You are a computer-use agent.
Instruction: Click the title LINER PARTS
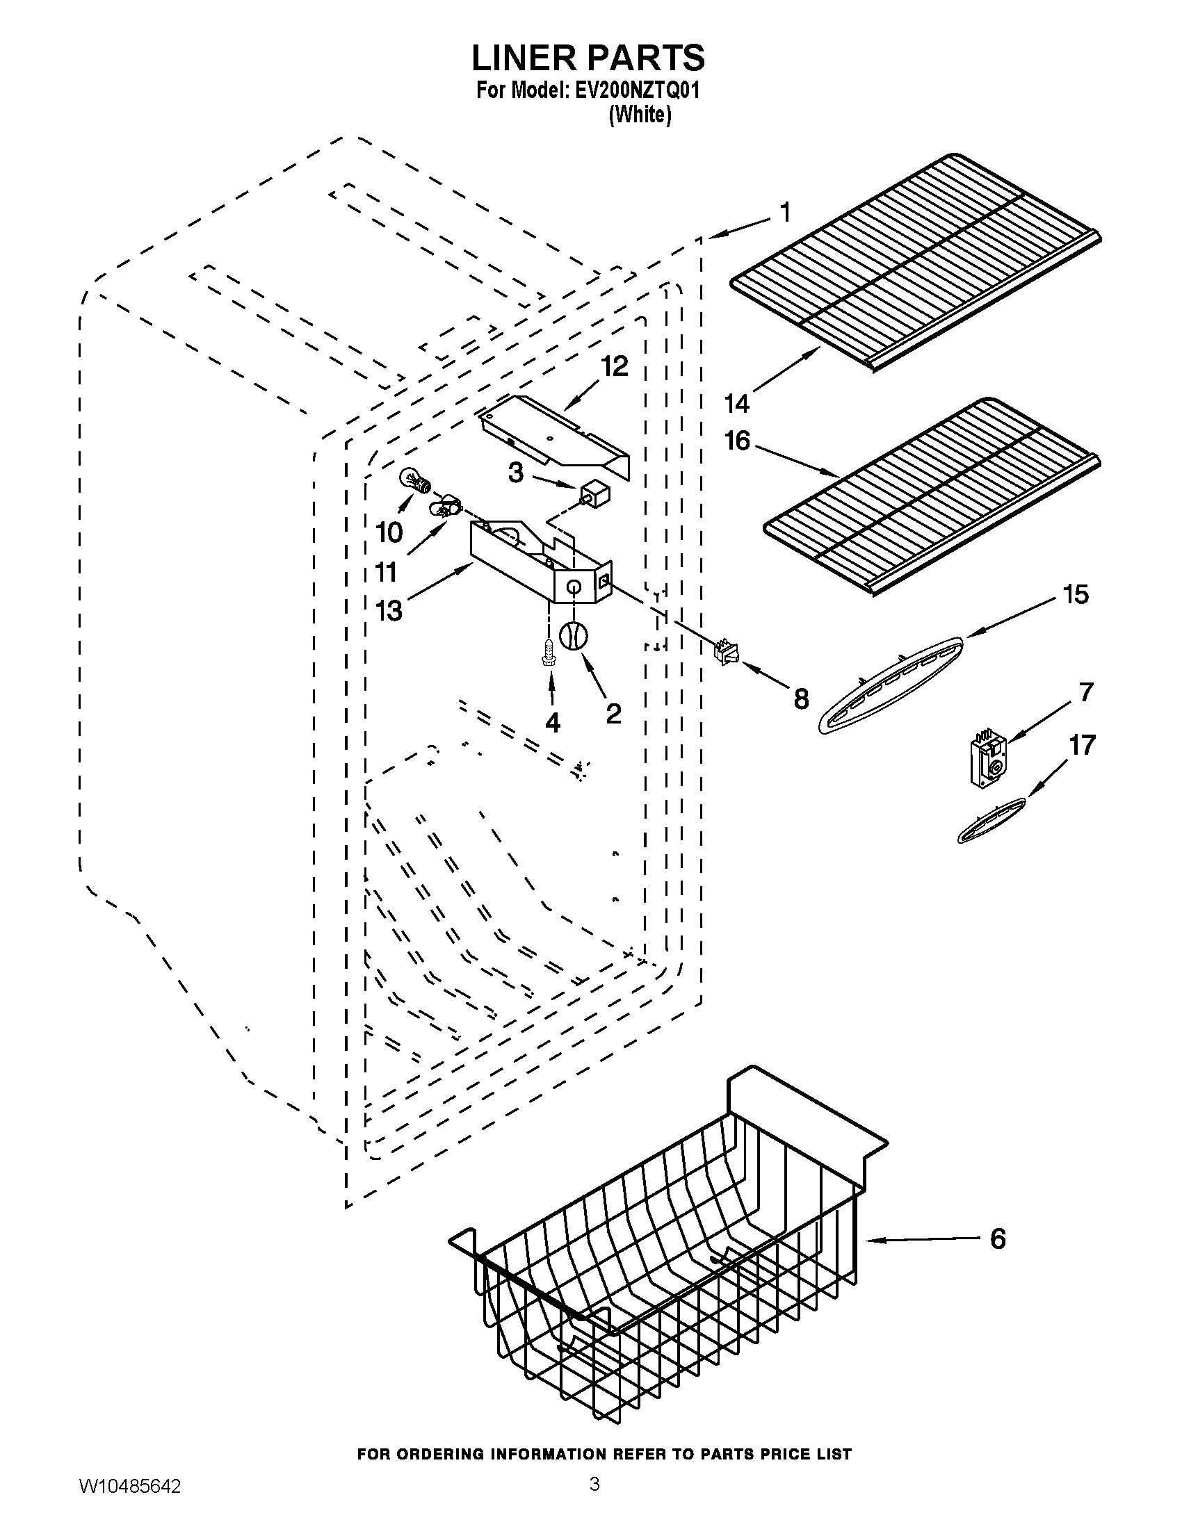588,59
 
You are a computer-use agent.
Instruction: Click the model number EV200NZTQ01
622,92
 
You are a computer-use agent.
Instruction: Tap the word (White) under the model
640,115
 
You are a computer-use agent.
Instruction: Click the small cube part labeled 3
595,495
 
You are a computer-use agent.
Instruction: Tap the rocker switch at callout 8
722,651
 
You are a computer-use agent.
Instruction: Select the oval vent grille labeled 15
889,684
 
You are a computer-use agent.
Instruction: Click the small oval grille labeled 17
990,820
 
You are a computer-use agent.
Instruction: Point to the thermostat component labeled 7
987,762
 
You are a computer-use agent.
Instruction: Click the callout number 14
737,404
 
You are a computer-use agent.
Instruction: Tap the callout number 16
737,441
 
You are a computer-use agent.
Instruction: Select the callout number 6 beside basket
997,1239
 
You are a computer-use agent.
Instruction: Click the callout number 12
614,367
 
